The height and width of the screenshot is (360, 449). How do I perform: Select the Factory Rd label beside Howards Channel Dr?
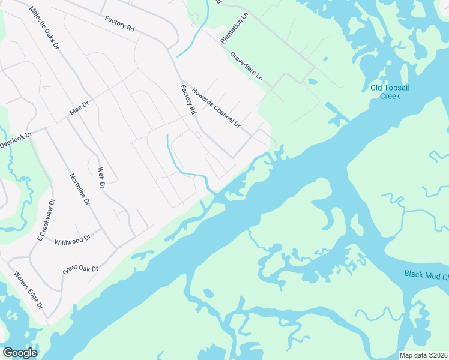[x=188, y=100]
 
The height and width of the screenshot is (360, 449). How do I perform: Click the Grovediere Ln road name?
[x=246, y=66]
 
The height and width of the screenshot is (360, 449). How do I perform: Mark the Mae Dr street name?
[x=79, y=109]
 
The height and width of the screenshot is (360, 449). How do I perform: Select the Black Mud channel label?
[x=427, y=276]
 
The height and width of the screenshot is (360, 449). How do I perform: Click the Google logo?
[x=20, y=353]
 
